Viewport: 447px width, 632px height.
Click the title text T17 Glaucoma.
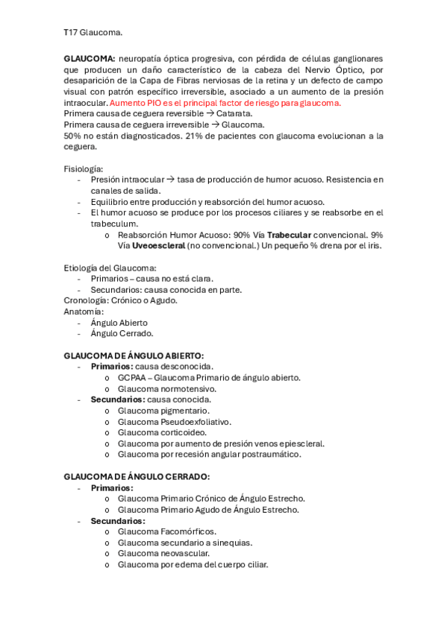click(x=93, y=34)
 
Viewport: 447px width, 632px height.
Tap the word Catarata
click(x=234, y=114)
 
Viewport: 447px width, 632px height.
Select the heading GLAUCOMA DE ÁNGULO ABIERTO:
click(x=134, y=355)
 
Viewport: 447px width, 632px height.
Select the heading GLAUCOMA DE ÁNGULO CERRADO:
click(x=137, y=476)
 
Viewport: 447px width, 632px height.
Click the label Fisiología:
click(x=84, y=169)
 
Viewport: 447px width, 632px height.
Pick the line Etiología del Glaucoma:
click(x=110, y=268)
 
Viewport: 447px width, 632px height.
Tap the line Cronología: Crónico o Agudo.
click(x=120, y=300)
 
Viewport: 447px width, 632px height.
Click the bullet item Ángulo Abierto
click(x=119, y=323)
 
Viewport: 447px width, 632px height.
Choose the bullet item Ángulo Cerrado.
click(x=121, y=333)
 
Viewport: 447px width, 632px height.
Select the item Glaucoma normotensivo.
click(x=166, y=388)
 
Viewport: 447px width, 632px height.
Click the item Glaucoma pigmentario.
click(x=163, y=411)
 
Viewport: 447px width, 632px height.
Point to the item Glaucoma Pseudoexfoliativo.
click(x=174, y=422)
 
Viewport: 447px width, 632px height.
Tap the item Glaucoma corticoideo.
click(x=162, y=432)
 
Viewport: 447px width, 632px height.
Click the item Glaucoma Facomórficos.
click(x=166, y=531)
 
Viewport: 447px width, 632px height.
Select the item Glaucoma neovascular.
click(x=163, y=553)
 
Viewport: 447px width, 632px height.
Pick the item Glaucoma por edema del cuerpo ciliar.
click(x=193, y=564)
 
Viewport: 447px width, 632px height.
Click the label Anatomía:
click(x=84, y=312)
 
